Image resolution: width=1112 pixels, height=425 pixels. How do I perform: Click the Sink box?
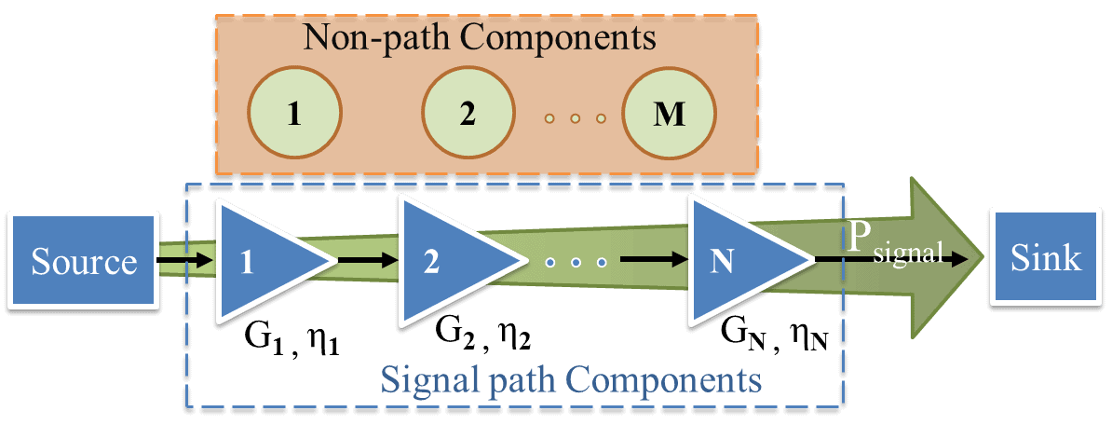click(x=1048, y=256)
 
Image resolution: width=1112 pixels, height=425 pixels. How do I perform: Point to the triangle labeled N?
click(x=732, y=261)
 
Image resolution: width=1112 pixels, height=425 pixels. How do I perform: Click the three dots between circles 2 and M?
click(x=576, y=119)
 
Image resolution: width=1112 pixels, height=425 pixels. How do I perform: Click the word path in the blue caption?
click(x=507, y=379)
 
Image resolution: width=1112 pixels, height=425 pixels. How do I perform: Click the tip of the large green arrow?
click(x=980, y=257)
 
